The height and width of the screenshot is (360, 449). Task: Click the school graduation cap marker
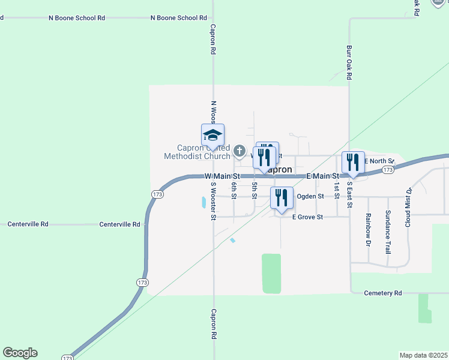pos(212,135)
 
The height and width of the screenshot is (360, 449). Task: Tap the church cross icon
pos(240,151)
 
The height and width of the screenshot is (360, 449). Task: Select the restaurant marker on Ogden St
pos(281,197)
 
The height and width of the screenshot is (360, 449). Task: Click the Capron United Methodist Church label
pos(197,152)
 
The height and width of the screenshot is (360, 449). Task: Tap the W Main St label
pos(222,176)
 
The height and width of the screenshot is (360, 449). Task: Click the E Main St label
pos(324,176)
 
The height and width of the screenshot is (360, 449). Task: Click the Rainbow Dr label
pos(369,229)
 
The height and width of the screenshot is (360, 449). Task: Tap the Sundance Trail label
pos(388,232)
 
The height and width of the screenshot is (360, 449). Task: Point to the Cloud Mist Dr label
pos(408,207)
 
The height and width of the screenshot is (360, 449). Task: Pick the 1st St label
pos(337,191)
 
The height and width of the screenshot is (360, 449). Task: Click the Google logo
pos(20,353)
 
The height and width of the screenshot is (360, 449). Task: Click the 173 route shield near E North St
pos(388,170)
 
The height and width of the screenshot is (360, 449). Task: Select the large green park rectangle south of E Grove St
pos(271,274)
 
